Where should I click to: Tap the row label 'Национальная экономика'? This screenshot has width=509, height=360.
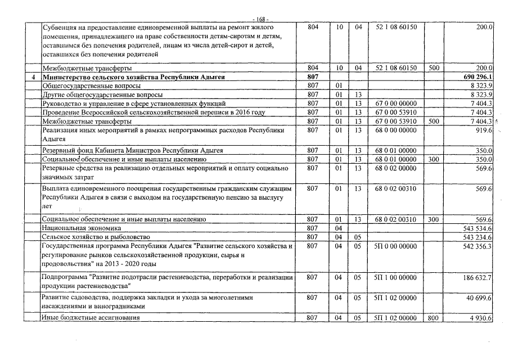pos(82,228)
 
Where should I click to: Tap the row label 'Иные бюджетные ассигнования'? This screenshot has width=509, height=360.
pos(91,318)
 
